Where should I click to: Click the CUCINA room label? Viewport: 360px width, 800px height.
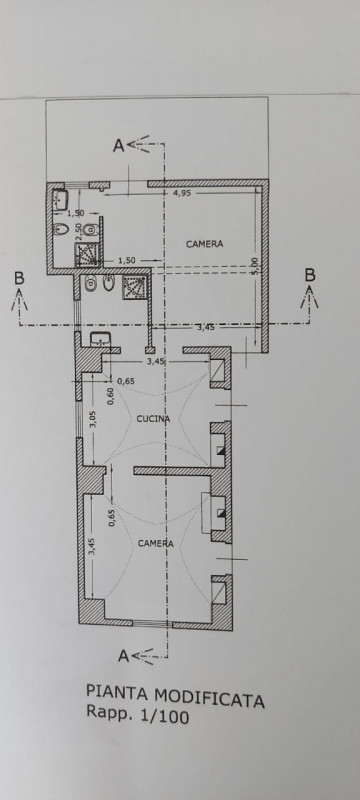tap(153, 419)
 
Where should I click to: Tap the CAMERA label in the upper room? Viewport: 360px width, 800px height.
tap(204, 244)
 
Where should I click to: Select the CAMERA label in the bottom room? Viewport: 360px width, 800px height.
tap(156, 543)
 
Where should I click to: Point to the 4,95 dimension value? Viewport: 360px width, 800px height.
tap(182, 193)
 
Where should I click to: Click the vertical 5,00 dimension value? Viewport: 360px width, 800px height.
tap(255, 266)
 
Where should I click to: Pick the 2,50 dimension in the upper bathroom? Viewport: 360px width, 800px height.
tap(79, 231)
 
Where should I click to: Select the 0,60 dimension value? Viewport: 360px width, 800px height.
tap(111, 395)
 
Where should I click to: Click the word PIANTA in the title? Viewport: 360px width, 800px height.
tap(118, 692)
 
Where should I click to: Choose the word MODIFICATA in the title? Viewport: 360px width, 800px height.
tap(210, 698)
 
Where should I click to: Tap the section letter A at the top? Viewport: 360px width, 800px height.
tap(118, 146)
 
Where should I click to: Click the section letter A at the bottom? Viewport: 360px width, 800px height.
tap(123, 656)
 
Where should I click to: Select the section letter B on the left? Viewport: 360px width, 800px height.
tap(19, 278)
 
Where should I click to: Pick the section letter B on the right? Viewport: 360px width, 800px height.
tap(310, 274)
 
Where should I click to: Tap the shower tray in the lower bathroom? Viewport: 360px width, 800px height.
tap(134, 287)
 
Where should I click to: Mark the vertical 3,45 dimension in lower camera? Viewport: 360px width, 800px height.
tap(92, 546)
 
